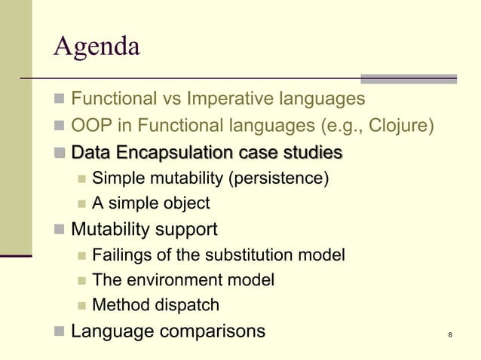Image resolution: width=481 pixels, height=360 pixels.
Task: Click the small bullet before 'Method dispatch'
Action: point(81,306)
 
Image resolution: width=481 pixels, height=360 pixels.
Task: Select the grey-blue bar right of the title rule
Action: point(409,78)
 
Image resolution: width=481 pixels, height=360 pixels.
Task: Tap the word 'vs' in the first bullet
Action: point(172,99)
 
